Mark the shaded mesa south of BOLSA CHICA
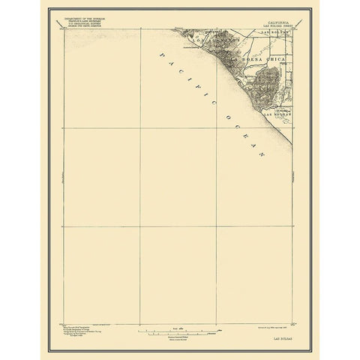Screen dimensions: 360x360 pos(266,86)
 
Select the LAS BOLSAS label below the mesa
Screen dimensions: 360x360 pos(275,114)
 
